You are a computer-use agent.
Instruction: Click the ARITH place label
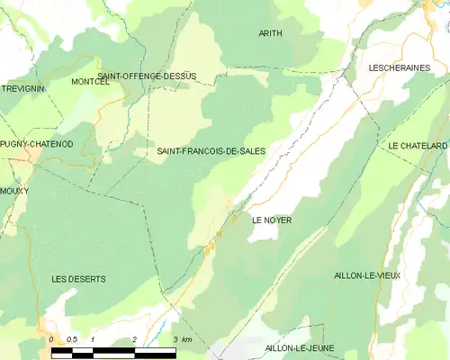[x=270, y=33]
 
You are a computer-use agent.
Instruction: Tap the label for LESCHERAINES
[x=399, y=67]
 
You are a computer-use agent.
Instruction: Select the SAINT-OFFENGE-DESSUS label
[x=147, y=76]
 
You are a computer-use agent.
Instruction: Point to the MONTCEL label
[x=89, y=82]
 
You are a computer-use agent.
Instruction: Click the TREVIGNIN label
[x=23, y=89]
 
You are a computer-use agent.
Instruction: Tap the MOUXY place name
[x=14, y=191]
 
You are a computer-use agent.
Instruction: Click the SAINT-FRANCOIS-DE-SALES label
[x=211, y=151]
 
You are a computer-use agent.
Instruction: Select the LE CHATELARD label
[x=418, y=146]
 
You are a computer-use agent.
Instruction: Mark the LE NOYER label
[x=271, y=220]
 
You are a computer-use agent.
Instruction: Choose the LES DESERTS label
[x=78, y=279]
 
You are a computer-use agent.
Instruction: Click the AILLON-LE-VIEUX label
[x=366, y=275]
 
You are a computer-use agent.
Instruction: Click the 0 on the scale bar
[x=52, y=339]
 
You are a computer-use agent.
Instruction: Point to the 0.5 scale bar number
[x=72, y=339]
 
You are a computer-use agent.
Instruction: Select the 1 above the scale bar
[x=93, y=339]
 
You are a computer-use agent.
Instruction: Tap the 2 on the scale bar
[x=134, y=339]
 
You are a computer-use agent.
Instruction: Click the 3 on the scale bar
[x=175, y=339]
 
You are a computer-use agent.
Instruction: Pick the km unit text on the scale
[x=186, y=339]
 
